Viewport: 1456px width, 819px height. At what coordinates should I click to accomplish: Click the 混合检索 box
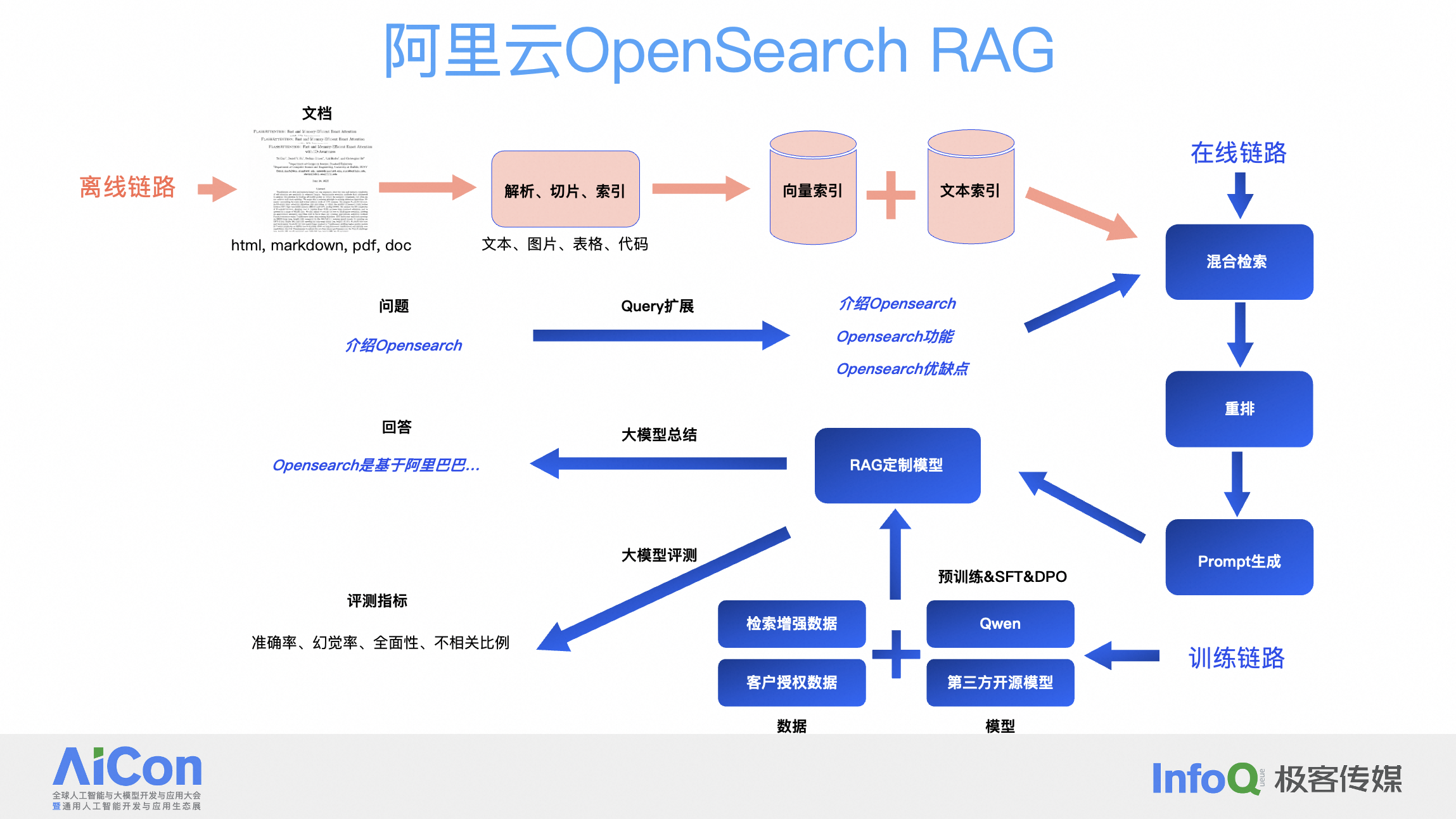pyautogui.click(x=1239, y=262)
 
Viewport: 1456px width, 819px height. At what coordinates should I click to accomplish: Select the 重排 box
pyautogui.click(x=1239, y=409)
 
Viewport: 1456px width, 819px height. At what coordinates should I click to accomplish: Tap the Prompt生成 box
pyautogui.click(x=1239, y=557)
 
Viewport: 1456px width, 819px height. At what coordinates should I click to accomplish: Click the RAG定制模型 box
pyautogui.click(x=897, y=465)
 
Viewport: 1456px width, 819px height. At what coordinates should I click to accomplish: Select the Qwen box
pyautogui.click(x=1000, y=624)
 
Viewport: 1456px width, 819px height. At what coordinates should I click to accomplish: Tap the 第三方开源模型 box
pyautogui.click(x=1000, y=683)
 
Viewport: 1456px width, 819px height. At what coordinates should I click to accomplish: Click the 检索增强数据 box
pyautogui.click(x=791, y=624)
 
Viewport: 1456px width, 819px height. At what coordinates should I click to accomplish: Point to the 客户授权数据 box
pyautogui.click(x=791, y=683)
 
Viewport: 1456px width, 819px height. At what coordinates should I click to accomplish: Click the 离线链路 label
pyautogui.click(x=127, y=188)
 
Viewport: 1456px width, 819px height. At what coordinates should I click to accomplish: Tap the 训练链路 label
pyautogui.click(x=1236, y=658)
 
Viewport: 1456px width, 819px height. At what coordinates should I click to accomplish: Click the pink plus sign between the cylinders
pyautogui.click(x=891, y=195)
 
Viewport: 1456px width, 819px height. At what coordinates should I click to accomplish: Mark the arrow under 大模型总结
pyautogui.click(x=659, y=463)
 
